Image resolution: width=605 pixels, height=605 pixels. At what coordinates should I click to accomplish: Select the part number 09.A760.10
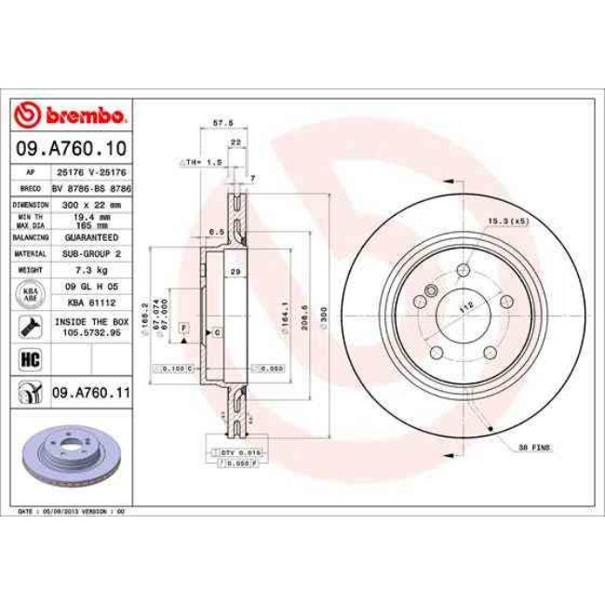[71, 148]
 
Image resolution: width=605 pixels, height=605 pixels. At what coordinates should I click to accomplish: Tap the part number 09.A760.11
[88, 393]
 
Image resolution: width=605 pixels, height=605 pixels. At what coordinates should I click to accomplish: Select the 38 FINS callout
[534, 448]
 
